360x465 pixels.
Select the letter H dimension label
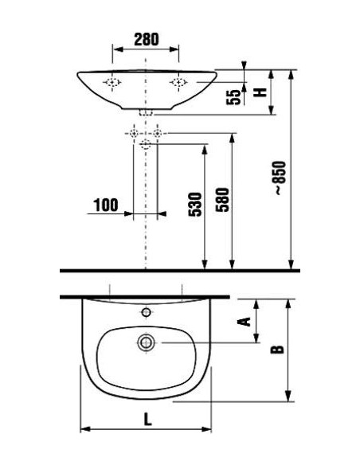pos(258,92)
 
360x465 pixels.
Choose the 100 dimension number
pos(105,205)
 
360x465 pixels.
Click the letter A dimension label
pos(245,321)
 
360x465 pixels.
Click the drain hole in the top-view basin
pos(147,343)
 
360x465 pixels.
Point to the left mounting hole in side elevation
pos(112,82)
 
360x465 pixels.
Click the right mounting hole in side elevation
pos(178,82)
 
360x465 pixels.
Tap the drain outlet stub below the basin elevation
pos(146,113)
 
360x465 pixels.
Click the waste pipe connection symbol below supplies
pos(146,144)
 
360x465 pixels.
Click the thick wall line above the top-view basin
pos(143,296)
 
